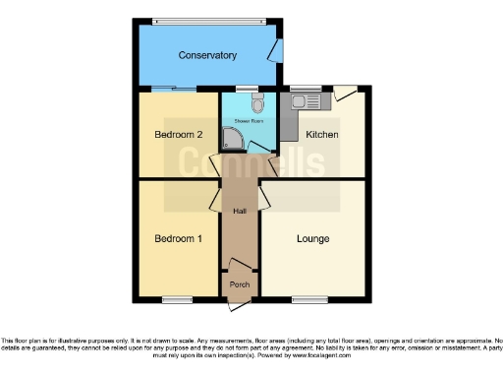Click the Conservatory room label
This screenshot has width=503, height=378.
point(207,55)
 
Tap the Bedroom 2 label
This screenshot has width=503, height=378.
point(180,134)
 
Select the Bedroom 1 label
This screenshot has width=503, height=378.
point(180,238)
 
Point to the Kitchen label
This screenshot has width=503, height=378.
point(322,134)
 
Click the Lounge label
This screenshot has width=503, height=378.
point(313,238)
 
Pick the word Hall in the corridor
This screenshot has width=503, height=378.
point(239,212)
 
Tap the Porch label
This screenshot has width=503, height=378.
point(239,284)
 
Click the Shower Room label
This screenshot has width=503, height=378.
point(248,122)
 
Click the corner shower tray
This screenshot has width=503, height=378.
point(232,140)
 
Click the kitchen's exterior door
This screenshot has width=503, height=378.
point(345,93)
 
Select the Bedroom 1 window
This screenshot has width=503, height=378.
point(177,298)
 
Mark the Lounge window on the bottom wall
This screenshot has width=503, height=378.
point(308,298)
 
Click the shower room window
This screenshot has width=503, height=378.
point(254,89)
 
